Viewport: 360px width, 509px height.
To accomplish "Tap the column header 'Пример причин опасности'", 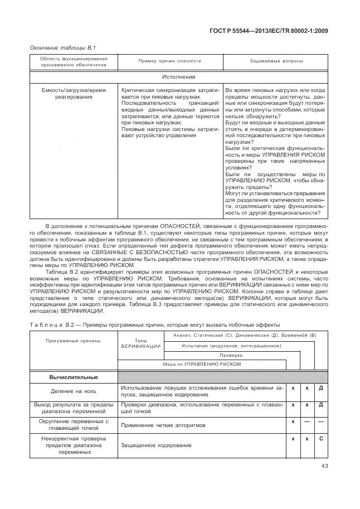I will click(x=169, y=61).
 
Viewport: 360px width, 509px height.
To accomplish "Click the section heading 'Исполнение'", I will click(x=179, y=76).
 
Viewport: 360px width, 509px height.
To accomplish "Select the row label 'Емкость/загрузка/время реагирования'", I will click(x=73, y=93).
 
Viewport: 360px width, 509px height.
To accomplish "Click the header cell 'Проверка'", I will click(x=231, y=355).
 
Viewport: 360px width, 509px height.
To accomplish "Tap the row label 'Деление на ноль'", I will click(x=73, y=391).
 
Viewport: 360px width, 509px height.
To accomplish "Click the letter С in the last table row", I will click(x=321, y=439).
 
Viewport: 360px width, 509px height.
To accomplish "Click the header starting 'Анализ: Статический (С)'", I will click(x=245, y=335).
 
